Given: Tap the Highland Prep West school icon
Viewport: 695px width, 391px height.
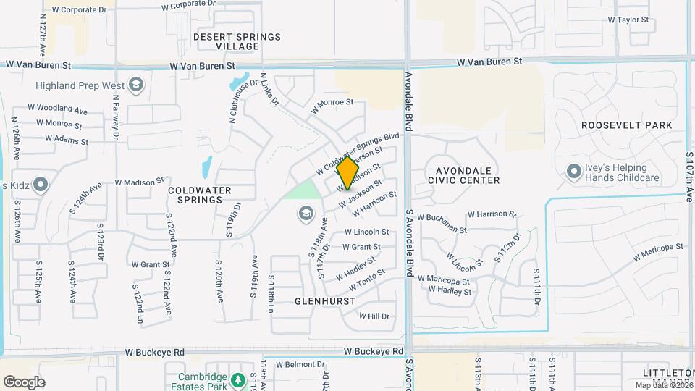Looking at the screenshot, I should (135, 85).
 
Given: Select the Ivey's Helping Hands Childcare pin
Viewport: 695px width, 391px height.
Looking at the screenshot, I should (574, 172).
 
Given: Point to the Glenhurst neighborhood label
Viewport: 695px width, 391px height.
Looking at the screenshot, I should (325, 300).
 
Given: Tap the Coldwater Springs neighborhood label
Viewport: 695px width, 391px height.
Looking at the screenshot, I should (199, 195).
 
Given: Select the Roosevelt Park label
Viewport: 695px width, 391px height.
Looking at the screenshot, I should (627, 125).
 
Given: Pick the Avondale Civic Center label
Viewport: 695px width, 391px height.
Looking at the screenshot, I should (464, 175).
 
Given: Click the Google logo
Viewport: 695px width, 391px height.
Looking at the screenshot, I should (24, 382).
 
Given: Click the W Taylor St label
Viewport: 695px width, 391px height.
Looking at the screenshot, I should (629, 20).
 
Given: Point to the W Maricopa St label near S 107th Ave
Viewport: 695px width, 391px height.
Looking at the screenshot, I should (658, 252).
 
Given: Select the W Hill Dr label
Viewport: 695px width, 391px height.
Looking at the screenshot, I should (374, 316).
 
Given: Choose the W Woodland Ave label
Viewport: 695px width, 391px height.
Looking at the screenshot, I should (57, 109).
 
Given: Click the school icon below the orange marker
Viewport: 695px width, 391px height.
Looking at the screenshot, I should (306, 213).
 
